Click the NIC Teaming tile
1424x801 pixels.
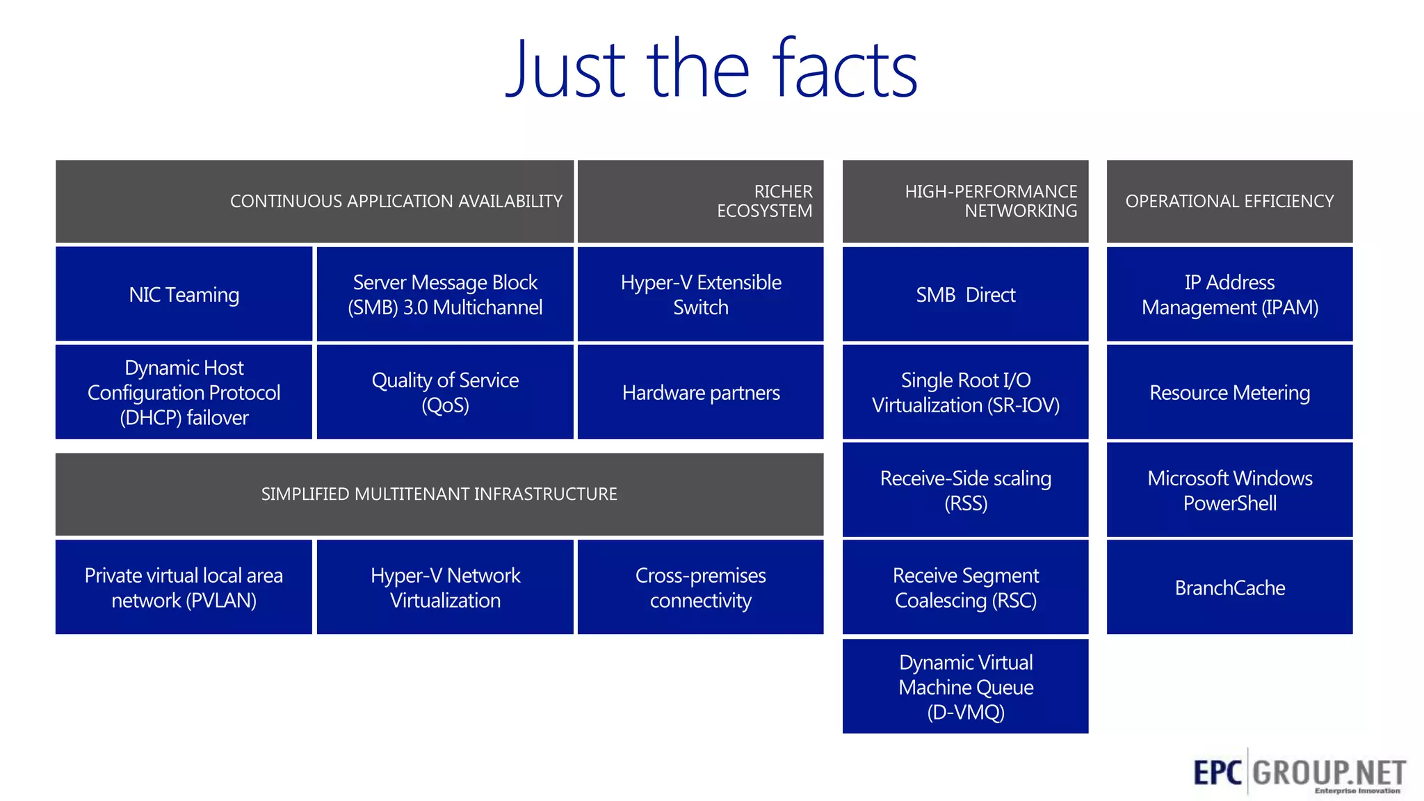[x=184, y=294]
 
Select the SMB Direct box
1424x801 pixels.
[x=965, y=294]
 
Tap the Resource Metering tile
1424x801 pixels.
[x=1229, y=392]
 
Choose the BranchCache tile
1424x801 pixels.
[x=1229, y=588]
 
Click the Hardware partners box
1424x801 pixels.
[x=700, y=392]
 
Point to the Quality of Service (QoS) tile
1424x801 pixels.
[x=445, y=392]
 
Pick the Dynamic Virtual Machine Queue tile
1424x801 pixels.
[x=965, y=686]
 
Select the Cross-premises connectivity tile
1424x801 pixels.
[x=700, y=588]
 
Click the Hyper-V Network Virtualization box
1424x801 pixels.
[x=445, y=588]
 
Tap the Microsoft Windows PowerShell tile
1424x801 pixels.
[x=1229, y=490]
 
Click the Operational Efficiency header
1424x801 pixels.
[x=1229, y=201]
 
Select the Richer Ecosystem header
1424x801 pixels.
[x=700, y=201]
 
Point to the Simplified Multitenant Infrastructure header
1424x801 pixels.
[x=439, y=494]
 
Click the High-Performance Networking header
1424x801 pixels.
[x=965, y=201]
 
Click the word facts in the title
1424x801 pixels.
[x=844, y=70]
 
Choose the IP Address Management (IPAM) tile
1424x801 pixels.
[x=1229, y=294]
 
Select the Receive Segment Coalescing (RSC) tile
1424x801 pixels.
[x=965, y=588]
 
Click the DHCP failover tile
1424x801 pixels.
[x=184, y=392]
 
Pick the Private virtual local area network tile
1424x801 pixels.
[x=184, y=588]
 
